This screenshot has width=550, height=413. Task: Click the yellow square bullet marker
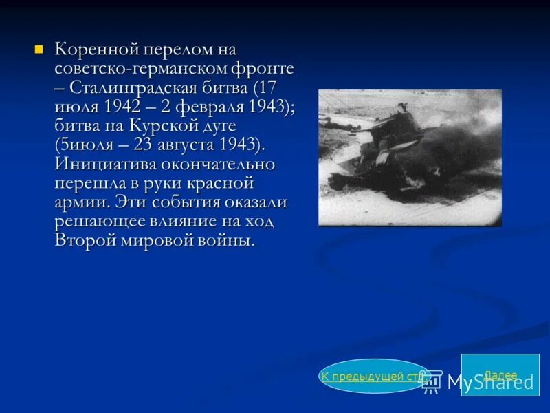(38, 50)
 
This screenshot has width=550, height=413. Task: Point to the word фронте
(263, 70)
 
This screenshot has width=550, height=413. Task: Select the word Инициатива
(104, 165)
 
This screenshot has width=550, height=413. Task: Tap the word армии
(80, 203)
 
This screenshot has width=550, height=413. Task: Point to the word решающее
(98, 222)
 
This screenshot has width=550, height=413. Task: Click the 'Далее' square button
(500, 375)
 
